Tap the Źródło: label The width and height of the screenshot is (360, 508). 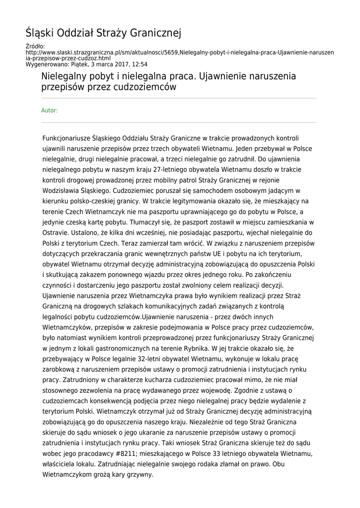tap(35, 47)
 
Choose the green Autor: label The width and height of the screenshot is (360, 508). tap(49, 110)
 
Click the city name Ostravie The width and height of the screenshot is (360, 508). tap(58, 232)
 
